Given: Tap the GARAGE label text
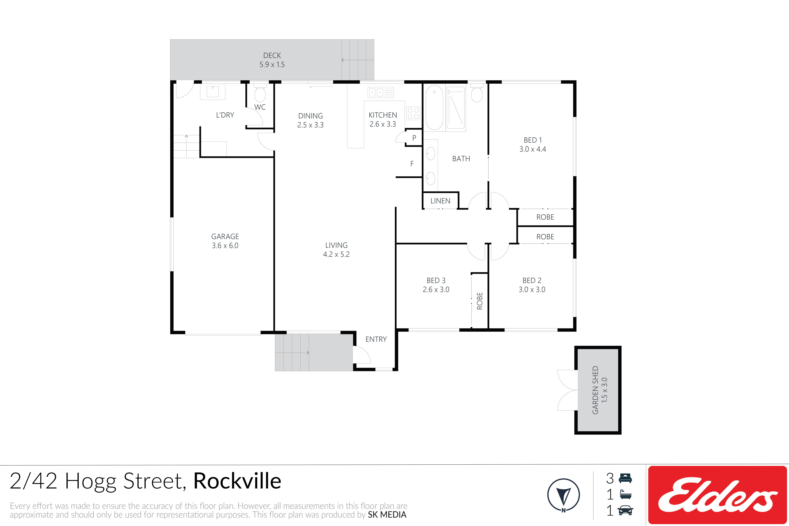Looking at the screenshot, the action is pos(225,236).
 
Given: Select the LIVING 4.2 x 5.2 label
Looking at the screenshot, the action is pos(336,250).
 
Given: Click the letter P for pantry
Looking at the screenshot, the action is pos(414,138).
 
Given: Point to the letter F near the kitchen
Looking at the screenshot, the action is pos(412,164).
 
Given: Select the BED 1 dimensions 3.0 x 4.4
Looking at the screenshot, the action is pos(533,149).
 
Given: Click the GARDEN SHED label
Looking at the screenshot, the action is pos(595,390).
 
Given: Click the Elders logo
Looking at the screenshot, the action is pos(718,495).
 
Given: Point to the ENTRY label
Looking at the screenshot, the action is pos(376,339).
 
